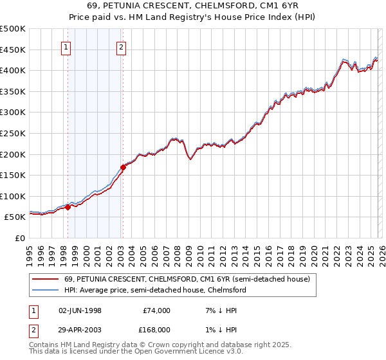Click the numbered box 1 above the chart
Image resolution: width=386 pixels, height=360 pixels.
pyautogui.click(x=67, y=46)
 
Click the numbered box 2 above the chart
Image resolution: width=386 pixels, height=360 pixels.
pyautogui.click(x=122, y=46)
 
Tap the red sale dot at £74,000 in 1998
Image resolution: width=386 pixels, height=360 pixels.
pyautogui.click(x=68, y=207)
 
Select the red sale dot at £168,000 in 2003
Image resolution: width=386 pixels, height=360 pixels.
pyautogui.click(x=123, y=167)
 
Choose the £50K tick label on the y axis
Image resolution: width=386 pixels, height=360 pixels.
pyautogui.click(x=15, y=217)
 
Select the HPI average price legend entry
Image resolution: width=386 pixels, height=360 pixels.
pyautogui.click(x=154, y=290)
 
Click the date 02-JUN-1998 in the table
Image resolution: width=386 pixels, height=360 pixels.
pyautogui.click(x=80, y=310)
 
